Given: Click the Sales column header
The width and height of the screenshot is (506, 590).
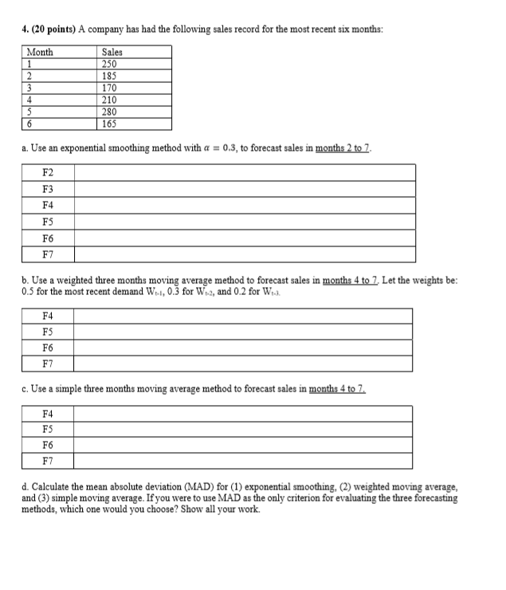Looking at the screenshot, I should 113,52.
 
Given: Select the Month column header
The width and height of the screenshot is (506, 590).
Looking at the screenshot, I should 40,52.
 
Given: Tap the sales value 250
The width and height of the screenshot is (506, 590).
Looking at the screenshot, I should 111,65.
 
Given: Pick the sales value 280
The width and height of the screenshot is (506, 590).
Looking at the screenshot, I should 111,112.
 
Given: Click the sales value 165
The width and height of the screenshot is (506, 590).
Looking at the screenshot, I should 111,124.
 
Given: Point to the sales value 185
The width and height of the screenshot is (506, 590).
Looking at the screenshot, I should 111,77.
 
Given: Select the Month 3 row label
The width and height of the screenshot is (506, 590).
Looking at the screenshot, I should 29,88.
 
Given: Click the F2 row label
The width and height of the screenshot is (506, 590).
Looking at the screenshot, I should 48,172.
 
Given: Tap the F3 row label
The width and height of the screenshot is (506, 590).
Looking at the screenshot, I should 48,189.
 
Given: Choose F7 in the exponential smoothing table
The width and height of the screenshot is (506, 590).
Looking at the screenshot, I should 48,254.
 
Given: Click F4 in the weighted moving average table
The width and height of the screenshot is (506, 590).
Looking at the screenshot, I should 48,317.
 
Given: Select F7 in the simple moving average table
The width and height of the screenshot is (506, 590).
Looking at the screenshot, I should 48,461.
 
